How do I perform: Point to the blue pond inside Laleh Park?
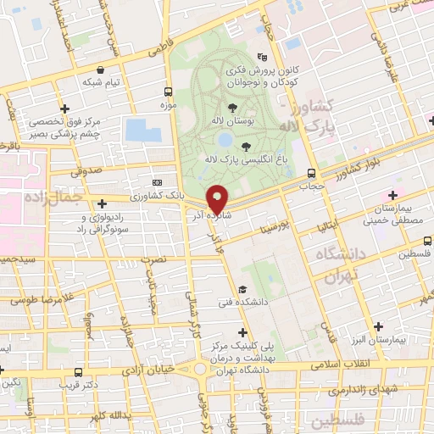[225, 139]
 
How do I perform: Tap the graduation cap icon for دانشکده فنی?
[243, 289]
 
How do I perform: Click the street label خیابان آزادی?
[148, 368]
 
